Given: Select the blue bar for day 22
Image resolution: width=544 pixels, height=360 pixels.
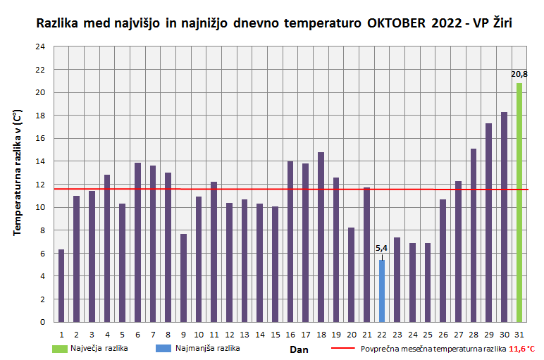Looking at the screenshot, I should click(x=382, y=291).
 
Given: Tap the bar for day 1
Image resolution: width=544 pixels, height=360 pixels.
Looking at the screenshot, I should click(x=61, y=285).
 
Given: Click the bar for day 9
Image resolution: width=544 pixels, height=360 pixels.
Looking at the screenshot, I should click(x=183, y=278).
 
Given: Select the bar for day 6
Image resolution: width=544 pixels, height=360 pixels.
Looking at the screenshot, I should click(x=137, y=242).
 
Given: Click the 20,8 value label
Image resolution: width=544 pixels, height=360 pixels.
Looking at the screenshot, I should click(x=519, y=74).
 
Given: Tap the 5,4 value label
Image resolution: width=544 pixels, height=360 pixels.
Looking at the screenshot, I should click(x=382, y=249).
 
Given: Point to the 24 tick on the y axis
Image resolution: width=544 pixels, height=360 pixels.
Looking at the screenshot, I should click(x=40, y=46).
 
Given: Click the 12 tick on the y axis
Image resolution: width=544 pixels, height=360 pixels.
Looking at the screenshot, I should click(x=40, y=185).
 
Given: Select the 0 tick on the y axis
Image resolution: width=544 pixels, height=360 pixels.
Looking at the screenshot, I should click(x=42, y=322).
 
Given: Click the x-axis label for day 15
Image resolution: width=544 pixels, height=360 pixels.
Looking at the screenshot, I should click(x=275, y=334).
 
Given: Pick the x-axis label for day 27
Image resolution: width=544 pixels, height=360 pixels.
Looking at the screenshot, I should click(x=458, y=334).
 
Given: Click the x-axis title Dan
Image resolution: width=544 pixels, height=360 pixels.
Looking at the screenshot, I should click(x=299, y=349).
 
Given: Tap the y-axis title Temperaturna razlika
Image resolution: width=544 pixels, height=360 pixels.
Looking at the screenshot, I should click(x=18, y=183).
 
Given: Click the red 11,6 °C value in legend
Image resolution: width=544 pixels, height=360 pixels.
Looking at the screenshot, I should click(x=521, y=348).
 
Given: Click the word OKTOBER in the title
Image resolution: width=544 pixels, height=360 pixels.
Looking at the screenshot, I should click(x=396, y=23).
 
